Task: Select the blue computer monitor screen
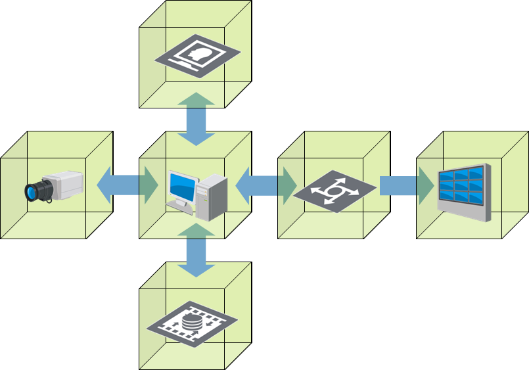[x=181, y=187]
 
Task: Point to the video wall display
[x=464, y=191]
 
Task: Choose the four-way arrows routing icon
[x=334, y=191]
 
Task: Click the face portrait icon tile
[x=197, y=56]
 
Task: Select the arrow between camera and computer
[x=127, y=185]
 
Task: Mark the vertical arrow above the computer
[x=196, y=119]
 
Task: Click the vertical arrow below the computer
[x=196, y=250]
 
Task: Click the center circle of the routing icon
[x=334, y=191]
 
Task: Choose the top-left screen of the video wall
[x=446, y=177]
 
